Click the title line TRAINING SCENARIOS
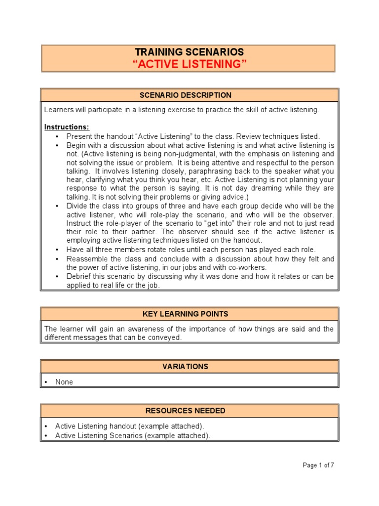coord(189,52)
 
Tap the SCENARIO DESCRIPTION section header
coord(189,95)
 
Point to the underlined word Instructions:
coord(67,127)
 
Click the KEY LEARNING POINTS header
coord(189,314)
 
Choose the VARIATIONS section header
coord(189,367)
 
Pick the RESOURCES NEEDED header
coord(189,411)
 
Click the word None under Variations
coord(64,382)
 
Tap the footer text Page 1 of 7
coord(318,465)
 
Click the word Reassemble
coord(86,258)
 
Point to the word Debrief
coord(78,276)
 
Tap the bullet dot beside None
coord(46,382)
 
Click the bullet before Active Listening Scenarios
coord(46,435)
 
